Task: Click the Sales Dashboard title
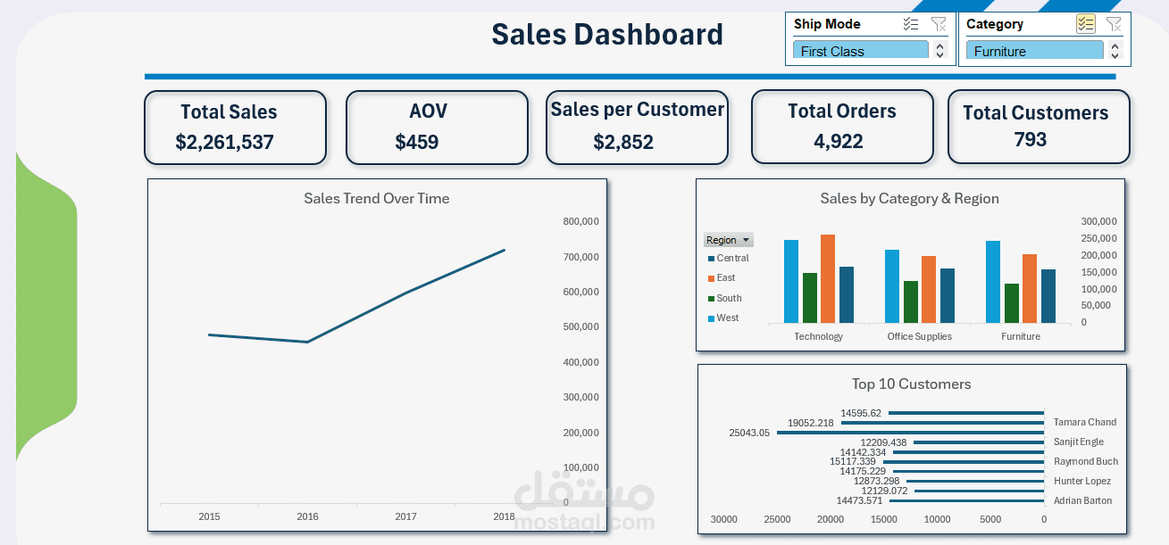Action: [607, 35]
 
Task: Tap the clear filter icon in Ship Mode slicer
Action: [939, 24]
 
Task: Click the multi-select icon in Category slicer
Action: [1085, 24]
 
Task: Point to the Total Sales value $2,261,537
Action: [224, 142]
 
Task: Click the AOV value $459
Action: [417, 142]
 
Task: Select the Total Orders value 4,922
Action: [839, 141]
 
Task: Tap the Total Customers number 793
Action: [1030, 139]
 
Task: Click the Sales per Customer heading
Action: [637, 110]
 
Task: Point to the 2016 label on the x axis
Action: [307, 516]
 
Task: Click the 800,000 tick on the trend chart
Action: [580, 221]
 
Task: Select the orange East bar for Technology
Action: [828, 278]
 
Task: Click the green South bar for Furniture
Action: [1011, 303]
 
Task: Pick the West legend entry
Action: [727, 318]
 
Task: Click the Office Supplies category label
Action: [919, 336]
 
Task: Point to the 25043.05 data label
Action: [748, 433]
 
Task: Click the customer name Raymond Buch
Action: [1085, 461]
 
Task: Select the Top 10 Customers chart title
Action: [911, 384]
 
